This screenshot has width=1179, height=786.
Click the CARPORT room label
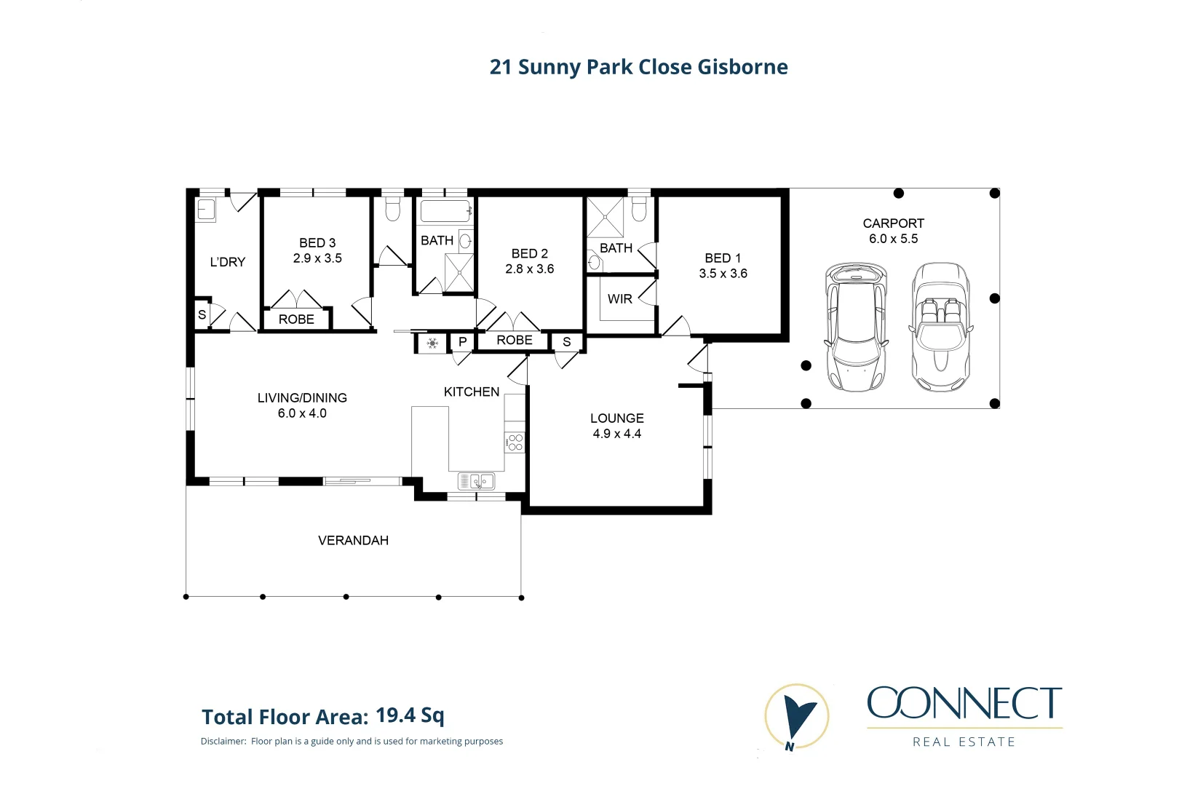tap(893, 223)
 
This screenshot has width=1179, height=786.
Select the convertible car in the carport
tap(940, 327)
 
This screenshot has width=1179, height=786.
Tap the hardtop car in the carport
tap(856, 327)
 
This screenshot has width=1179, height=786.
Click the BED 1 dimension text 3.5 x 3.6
tap(723, 274)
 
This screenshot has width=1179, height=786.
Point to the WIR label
tap(619, 299)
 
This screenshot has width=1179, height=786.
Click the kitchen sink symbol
tap(476, 481)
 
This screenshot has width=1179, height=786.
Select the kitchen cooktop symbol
tap(515, 442)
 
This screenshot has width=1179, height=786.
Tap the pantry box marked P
tap(462, 341)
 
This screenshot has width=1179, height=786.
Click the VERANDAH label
tap(353, 540)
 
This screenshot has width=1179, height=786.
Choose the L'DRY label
tap(227, 262)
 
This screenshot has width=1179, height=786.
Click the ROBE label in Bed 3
tap(296, 319)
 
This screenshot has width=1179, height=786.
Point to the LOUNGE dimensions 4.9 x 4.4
tap(616, 434)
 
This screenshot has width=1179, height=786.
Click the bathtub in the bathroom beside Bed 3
tap(445, 212)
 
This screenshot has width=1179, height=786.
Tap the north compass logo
tap(797, 718)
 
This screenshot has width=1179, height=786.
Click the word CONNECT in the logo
tap(964, 703)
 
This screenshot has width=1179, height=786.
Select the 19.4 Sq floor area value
tap(410, 715)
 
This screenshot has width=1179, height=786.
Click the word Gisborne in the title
tap(742, 67)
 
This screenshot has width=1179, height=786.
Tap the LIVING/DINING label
tap(302, 398)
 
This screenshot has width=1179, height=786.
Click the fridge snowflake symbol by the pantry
tap(432, 343)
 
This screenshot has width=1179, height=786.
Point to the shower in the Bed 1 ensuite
tap(605, 217)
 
